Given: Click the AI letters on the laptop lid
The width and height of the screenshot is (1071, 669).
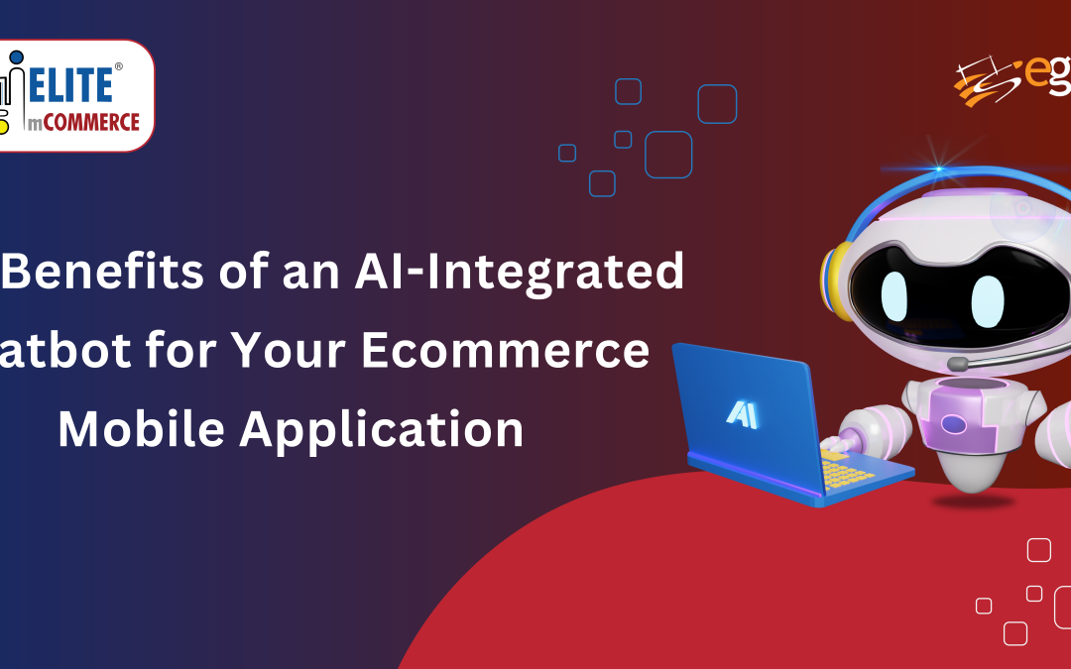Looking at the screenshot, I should (742, 414).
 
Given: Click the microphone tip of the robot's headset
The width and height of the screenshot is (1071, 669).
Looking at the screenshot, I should (957, 365).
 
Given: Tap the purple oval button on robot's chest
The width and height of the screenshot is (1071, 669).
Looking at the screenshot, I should (953, 424).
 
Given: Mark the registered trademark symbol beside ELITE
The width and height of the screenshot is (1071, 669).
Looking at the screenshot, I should (119, 68).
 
